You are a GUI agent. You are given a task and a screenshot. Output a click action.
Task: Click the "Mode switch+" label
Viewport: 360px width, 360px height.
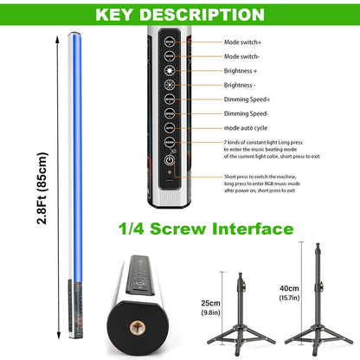(242, 42)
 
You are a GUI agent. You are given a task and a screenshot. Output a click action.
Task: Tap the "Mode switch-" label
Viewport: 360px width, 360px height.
(241, 56)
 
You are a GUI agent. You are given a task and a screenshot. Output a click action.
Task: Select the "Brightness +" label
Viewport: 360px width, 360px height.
(241, 71)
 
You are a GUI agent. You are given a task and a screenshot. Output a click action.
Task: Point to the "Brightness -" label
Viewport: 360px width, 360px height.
(240, 85)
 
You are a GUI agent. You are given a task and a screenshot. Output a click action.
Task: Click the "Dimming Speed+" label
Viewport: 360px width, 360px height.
(247, 100)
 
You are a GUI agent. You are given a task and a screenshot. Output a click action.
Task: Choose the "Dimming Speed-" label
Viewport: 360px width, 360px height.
(246, 113)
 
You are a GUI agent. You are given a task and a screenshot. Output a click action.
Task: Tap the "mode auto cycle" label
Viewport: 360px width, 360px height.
(246, 128)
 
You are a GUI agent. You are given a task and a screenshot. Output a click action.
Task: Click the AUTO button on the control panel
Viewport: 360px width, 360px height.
(170, 128)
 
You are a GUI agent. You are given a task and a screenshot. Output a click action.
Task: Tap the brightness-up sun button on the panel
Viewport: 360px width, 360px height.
(170, 70)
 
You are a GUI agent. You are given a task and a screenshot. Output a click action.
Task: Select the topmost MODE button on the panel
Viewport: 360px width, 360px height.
(170, 42)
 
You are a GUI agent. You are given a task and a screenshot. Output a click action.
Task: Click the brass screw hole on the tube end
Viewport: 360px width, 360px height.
(138, 328)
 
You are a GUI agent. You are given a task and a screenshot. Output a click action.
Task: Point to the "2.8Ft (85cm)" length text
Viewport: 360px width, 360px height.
(42, 188)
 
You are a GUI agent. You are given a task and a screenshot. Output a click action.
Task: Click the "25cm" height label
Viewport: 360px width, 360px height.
(210, 303)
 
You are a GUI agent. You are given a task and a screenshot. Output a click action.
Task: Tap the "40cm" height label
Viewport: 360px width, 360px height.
(289, 288)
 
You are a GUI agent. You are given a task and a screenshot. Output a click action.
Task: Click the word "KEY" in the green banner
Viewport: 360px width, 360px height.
(114, 15)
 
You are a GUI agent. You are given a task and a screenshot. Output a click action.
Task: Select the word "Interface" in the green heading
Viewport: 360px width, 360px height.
(253, 228)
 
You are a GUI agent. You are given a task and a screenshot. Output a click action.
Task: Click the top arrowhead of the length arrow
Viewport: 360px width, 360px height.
(58, 39)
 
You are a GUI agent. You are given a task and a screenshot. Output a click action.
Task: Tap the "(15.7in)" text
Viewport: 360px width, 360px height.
(289, 298)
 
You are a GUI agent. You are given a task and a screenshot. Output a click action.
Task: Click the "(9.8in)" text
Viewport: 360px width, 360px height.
(211, 312)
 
